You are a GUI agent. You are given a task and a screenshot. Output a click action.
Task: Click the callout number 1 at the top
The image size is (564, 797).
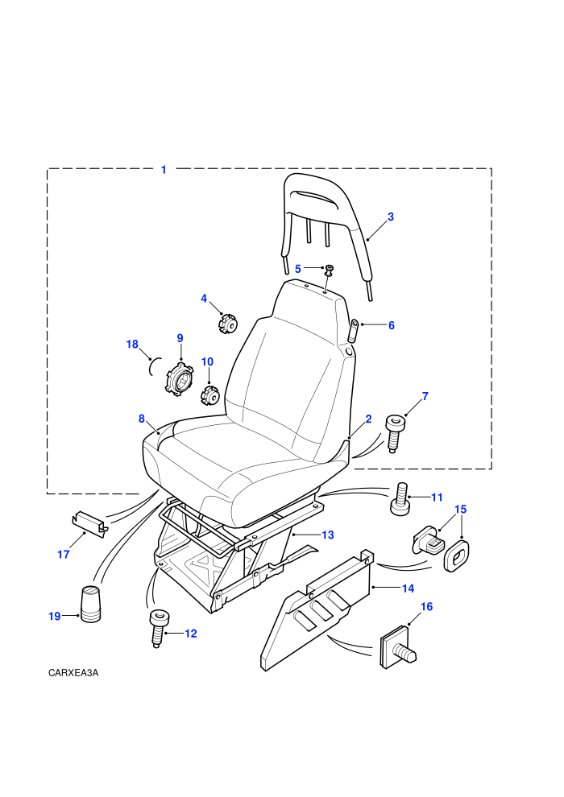pyautogui.click(x=164, y=170)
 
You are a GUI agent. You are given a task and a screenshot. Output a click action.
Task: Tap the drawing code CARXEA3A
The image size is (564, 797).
pyautogui.click(x=73, y=673)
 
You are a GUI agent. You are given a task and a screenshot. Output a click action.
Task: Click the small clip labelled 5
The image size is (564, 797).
pyautogui.click(x=329, y=270)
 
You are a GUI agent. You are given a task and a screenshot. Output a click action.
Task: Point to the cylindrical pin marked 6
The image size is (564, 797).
pyautogui.click(x=353, y=331)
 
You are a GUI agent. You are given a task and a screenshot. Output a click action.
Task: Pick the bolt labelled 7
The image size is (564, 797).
pyautogui.click(x=395, y=432)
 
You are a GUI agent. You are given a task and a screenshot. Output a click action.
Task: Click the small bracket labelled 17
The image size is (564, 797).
pyautogui.click(x=89, y=522)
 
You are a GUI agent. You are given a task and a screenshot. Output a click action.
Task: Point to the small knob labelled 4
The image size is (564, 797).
pyautogui.click(x=229, y=324)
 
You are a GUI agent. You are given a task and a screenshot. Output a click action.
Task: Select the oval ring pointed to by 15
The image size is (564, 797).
pyautogui.click(x=456, y=556)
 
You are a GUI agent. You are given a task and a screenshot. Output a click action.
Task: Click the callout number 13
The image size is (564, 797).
pyautogui.click(x=328, y=535)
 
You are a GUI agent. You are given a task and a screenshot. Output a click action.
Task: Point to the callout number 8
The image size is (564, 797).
pyautogui.click(x=141, y=419)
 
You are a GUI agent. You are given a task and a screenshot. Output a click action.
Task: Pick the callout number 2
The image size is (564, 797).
pyautogui.click(x=369, y=419)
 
